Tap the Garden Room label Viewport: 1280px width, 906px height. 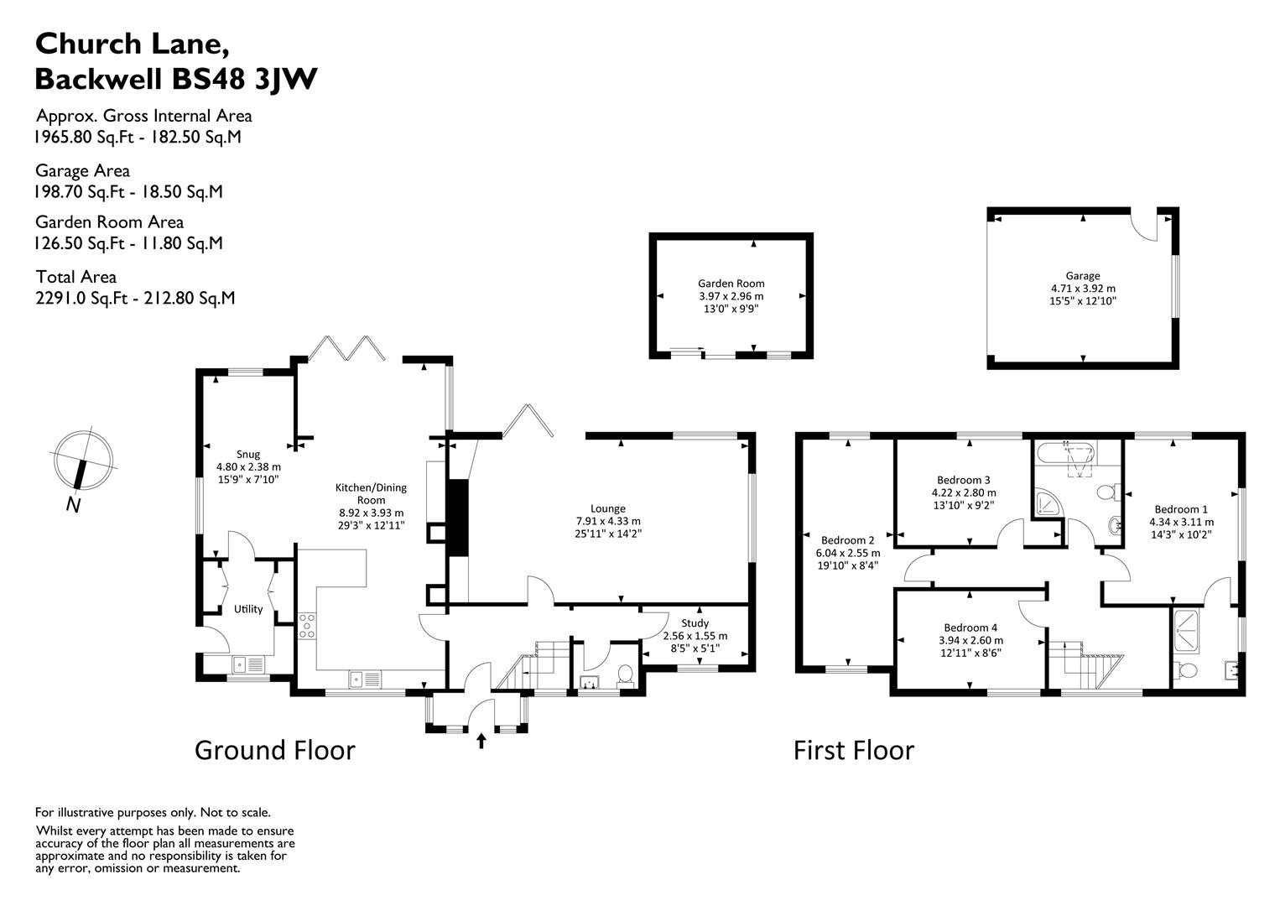731,284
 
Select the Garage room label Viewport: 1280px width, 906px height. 1082,275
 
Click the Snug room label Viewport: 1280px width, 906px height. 242,454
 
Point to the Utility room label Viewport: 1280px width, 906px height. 248,609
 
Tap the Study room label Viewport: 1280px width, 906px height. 695,623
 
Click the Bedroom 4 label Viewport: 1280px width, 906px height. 970,627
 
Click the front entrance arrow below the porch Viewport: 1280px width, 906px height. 481,741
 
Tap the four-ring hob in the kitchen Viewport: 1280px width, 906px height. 307,627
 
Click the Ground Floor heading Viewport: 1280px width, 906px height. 274,750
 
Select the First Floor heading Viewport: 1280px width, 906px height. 853,750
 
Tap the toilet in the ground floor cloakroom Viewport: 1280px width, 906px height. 624,674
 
